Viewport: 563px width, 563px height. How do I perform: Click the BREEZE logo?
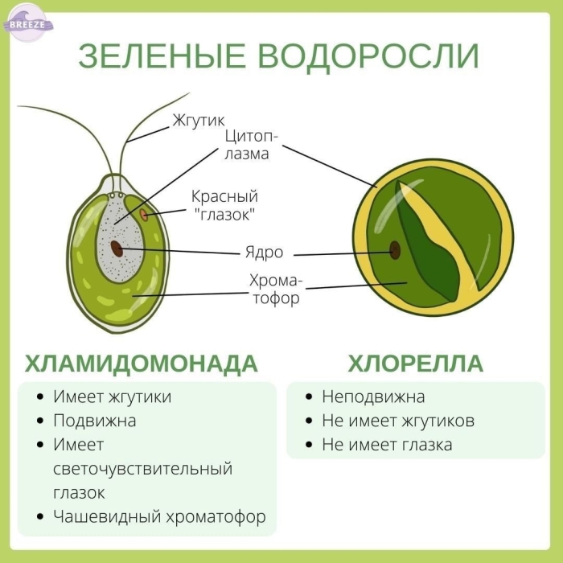tap(28, 23)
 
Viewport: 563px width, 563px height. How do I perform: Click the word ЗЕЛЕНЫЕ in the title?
tap(162, 56)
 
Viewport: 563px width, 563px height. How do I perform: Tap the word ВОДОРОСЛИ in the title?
tap(368, 56)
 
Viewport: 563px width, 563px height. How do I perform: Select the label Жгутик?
tap(199, 121)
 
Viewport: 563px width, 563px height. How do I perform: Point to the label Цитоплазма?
tap(251, 145)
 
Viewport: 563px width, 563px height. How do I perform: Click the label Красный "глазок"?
tap(224, 206)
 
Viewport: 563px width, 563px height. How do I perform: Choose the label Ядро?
tap(265, 253)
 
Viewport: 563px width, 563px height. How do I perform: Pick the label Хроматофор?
tap(276, 289)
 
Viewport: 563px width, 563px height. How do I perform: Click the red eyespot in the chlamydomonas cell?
tap(144, 215)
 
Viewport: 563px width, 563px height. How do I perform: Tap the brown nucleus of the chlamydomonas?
tap(117, 249)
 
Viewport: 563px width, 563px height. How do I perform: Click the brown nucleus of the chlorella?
tap(395, 250)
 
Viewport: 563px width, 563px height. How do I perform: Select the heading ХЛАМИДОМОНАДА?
tap(141, 364)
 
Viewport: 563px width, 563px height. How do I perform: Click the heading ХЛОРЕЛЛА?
tap(416, 364)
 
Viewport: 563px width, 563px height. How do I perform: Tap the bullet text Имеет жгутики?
tap(113, 397)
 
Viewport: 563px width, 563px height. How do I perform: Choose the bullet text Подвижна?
tap(95, 421)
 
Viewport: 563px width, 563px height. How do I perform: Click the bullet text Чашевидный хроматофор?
tap(159, 516)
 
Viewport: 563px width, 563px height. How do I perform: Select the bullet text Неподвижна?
tap(373, 397)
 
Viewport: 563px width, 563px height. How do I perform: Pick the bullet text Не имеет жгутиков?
tap(398, 421)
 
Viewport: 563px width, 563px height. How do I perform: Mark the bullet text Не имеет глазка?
tap(387, 445)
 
